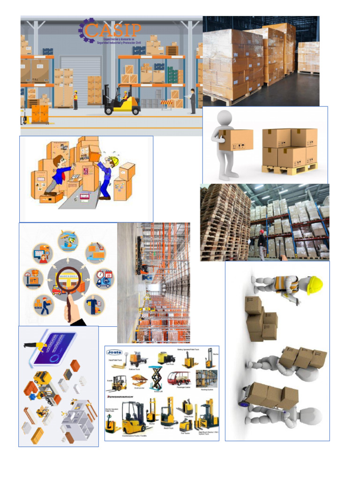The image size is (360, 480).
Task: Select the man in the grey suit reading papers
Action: click(192, 100)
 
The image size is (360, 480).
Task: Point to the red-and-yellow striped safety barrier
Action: click(166, 101)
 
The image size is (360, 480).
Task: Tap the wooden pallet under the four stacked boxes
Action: click(289, 169)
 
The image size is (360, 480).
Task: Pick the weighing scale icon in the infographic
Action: click(33, 278)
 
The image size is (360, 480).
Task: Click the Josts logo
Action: click(114, 352)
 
